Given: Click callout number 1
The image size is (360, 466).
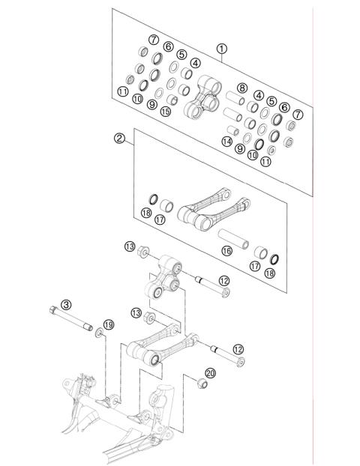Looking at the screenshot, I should point(221,48).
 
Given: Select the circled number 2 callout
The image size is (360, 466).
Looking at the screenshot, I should point(118,138).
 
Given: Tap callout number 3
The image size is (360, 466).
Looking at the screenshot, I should point(66,304).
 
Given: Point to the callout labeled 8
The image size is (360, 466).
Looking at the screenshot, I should point(241,88).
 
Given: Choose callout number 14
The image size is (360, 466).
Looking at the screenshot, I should point(226,142).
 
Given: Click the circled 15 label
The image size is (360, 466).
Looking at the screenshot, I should point(165,112).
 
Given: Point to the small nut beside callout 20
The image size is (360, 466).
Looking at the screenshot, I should point(200,385).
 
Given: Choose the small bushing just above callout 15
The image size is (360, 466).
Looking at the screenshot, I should point(171,99).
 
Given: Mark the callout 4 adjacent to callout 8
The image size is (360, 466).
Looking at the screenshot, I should point(258,95).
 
